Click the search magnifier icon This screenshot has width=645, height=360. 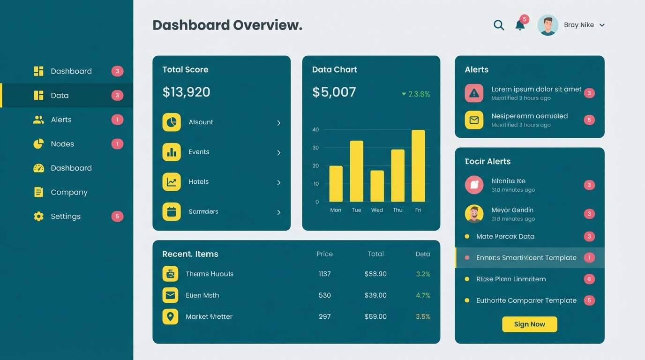pyautogui.click(x=499, y=25)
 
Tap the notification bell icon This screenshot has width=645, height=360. pyautogui.click(x=520, y=25)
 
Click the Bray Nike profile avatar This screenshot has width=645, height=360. pyautogui.click(x=547, y=25)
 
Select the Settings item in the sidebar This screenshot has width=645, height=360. pyautogui.click(x=66, y=216)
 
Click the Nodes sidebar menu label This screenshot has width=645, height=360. pyautogui.click(x=62, y=144)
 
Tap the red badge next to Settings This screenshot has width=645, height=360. pyautogui.click(x=117, y=216)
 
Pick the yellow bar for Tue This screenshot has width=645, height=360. pyautogui.click(x=356, y=171)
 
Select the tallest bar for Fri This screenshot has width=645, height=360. pyautogui.click(x=418, y=166)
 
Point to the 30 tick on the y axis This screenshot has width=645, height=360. pyautogui.click(x=315, y=148)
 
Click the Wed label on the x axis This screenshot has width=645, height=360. pyautogui.click(x=377, y=210)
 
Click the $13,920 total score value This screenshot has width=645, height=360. pyautogui.click(x=186, y=92)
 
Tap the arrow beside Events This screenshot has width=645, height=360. pyautogui.click(x=278, y=153)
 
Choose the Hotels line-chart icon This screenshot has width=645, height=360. pyautogui.click(x=172, y=182)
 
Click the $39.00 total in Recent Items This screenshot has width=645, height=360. pyautogui.click(x=375, y=295)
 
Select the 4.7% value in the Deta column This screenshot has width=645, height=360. pyautogui.click(x=423, y=295)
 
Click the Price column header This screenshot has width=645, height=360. pyautogui.click(x=324, y=254)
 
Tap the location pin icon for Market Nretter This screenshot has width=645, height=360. pyautogui.click(x=170, y=316)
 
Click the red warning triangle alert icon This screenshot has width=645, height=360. pyautogui.click(x=474, y=93)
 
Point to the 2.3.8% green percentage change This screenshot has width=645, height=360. pyautogui.click(x=416, y=94)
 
